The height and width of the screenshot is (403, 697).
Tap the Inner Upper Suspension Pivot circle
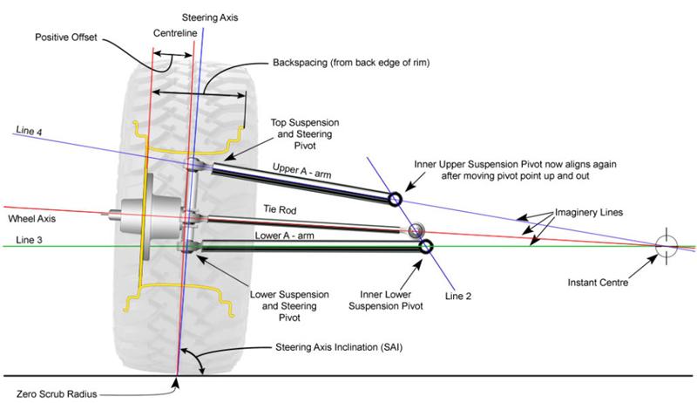pyautogui.click(x=395, y=199)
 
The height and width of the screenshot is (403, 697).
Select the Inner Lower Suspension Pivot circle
pyautogui.click(x=426, y=246)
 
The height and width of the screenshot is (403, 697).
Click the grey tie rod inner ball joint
pyautogui.click(x=416, y=230)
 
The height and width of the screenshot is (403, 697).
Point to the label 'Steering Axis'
pyautogui.click(x=210, y=17)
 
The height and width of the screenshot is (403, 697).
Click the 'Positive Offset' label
pyautogui.click(x=66, y=38)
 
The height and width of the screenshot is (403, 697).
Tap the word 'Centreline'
pyautogui.click(x=175, y=33)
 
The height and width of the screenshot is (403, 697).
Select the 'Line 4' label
pyautogui.click(x=29, y=131)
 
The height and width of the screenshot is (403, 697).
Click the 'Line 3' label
pyautogui.click(x=29, y=240)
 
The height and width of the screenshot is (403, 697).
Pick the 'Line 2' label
pyautogui.click(x=458, y=297)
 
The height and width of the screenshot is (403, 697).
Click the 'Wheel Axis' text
pyautogui.click(x=32, y=219)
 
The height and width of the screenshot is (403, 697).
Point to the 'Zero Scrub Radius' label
pyautogui.click(x=57, y=394)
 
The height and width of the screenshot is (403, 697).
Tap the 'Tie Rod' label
pyautogui.click(x=280, y=209)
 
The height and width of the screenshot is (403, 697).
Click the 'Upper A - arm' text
pyautogui.click(x=301, y=171)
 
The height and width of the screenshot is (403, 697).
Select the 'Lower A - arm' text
pyautogui.click(x=284, y=236)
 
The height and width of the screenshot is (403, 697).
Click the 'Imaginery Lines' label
pyautogui.click(x=589, y=213)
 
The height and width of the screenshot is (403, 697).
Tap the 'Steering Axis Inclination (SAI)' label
pyautogui.click(x=339, y=347)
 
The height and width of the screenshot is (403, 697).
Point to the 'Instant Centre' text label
pyautogui.click(x=598, y=283)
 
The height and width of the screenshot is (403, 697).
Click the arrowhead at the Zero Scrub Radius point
pyautogui.click(x=177, y=382)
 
